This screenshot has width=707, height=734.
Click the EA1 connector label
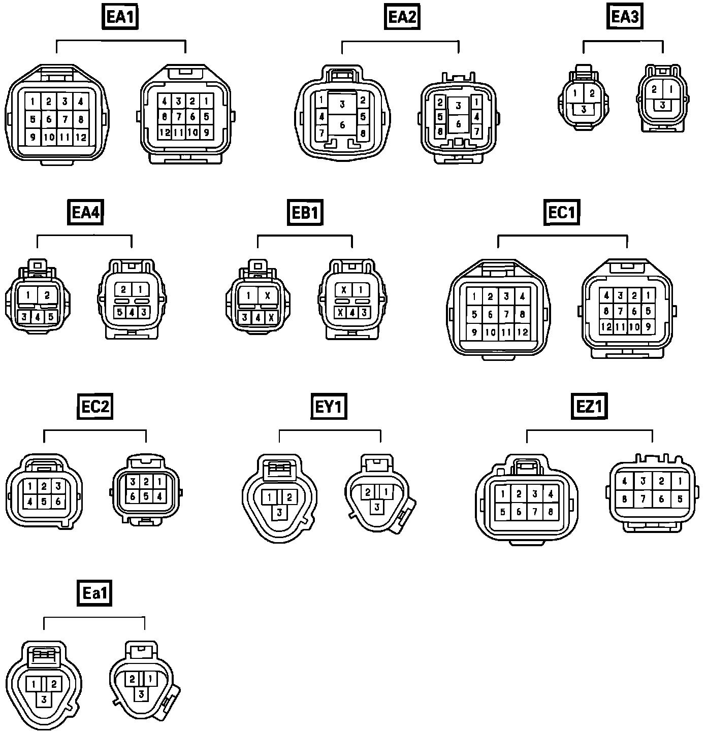(120, 17)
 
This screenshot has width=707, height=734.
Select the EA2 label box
(402, 17)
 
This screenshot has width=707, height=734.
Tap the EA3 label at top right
(624, 17)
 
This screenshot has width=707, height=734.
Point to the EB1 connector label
(305, 212)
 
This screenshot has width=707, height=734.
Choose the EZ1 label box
(590, 407)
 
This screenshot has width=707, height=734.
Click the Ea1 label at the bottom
(94, 593)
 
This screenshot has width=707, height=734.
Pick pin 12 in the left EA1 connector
(81, 137)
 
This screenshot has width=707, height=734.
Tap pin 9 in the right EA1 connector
(206, 132)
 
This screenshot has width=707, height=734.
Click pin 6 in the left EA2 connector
(342, 125)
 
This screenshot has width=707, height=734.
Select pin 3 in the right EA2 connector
(459, 106)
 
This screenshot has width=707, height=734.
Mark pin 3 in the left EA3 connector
(584, 109)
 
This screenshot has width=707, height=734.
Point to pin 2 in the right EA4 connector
(123, 290)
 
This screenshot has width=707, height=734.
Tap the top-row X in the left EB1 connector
(268, 295)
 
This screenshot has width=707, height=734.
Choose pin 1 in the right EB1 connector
(360, 290)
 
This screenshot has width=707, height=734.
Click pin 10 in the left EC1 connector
(490, 332)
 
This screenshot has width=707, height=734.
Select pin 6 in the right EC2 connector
(133, 496)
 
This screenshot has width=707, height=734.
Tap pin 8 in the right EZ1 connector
(625, 499)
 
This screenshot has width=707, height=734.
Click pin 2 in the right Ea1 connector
(132, 679)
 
